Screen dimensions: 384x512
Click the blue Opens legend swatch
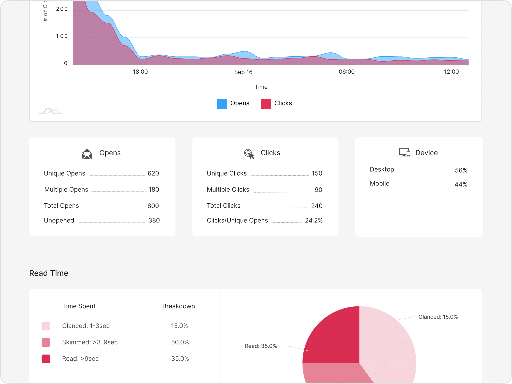tap(222, 104)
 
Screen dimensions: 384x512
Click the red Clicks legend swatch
tap(266, 104)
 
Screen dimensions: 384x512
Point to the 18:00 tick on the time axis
tap(140, 72)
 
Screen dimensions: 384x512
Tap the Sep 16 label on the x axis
tap(243, 72)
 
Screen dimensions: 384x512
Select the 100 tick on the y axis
tap(62, 36)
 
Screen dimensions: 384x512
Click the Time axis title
tap(261, 87)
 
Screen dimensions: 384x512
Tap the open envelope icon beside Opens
tap(87, 154)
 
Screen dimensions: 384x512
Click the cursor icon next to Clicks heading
tap(249, 154)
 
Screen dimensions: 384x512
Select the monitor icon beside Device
tap(404, 153)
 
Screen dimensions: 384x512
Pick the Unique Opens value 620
tap(153, 174)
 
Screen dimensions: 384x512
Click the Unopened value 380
tap(154, 221)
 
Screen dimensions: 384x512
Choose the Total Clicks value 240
tap(317, 206)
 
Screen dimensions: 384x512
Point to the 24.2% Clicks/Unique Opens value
tap(314, 221)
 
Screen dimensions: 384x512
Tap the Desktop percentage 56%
tap(461, 170)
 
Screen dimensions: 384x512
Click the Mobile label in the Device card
tap(379, 184)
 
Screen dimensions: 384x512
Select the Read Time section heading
tap(49, 273)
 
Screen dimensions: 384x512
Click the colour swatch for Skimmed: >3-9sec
tap(46, 342)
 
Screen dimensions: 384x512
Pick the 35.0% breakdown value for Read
tap(180, 359)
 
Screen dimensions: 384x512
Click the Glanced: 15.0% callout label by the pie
tap(438, 317)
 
